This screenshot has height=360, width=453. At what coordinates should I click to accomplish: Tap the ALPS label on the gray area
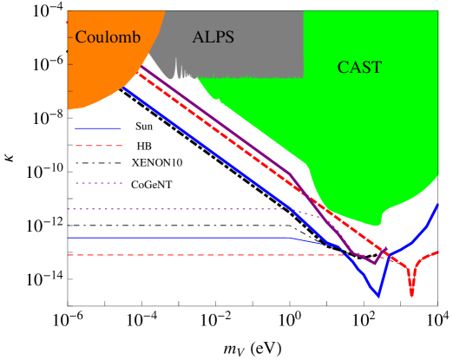pos(213,36)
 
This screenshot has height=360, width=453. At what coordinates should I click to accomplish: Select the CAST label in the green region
pos(358,67)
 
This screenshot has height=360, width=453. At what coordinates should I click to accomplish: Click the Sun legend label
pos(144,127)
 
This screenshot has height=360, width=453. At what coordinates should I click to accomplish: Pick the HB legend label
pos(145,145)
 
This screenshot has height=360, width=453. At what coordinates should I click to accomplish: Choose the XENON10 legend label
pos(157,162)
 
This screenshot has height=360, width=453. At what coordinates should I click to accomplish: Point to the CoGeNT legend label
pos(156,184)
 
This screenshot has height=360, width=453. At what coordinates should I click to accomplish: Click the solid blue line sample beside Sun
pos(98,128)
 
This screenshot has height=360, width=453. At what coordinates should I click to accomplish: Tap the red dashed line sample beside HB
pos(98,146)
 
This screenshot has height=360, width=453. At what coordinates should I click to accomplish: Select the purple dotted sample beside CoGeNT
pos(98,183)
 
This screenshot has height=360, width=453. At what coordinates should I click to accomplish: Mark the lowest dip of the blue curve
pos(377,297)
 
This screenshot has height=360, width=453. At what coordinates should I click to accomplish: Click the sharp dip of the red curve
pos(411,295)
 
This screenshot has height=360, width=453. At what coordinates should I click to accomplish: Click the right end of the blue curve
pos(438,203)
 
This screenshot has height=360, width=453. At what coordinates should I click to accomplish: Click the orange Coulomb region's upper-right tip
pos(164,12)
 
